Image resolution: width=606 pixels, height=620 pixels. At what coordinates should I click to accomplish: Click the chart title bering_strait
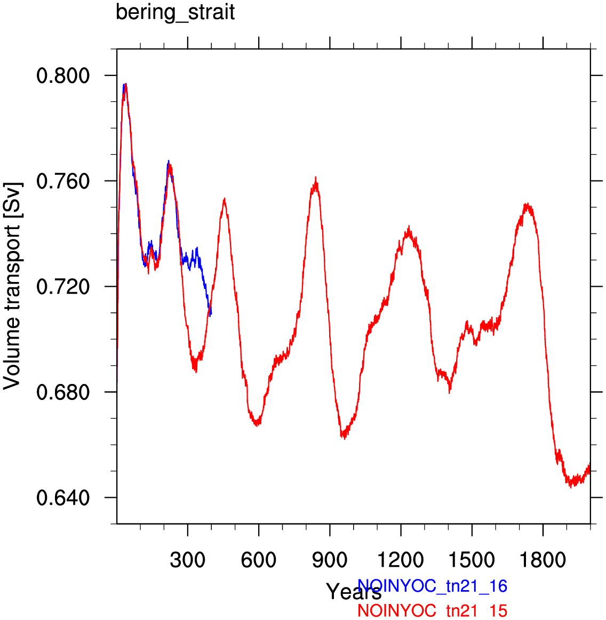[x=175, y=12]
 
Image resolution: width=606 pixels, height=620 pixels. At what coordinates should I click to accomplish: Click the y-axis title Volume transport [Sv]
[x=12, y=286]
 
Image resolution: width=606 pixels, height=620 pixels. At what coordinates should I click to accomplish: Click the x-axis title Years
[x=354, y=592]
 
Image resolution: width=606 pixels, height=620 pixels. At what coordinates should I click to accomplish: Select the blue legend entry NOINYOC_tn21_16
[x=432, y=586]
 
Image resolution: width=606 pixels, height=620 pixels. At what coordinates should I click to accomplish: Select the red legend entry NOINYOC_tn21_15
[x=432, y=611]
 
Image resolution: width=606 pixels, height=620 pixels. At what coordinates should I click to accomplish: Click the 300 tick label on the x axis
[x=188, y=560]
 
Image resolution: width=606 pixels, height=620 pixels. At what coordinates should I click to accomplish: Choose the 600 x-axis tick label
[x=259, y=560]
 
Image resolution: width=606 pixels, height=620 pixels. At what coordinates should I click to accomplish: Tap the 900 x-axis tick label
[x=330, y=560]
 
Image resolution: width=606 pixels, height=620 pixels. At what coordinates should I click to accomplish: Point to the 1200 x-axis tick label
[x=401, y=560]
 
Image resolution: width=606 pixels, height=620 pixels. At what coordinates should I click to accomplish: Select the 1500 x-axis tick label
[x=472, y=560]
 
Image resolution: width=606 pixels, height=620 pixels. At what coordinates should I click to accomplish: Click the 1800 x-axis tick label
[x=543, y=560]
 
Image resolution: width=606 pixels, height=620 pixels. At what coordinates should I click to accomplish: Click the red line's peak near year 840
[x=316, y=177]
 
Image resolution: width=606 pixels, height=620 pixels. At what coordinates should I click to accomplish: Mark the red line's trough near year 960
[x=345, y=438]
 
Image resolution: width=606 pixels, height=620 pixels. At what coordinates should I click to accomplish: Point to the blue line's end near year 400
[x=211, y=316]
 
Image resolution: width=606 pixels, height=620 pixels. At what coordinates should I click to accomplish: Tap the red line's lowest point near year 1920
[x=571, y=487]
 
